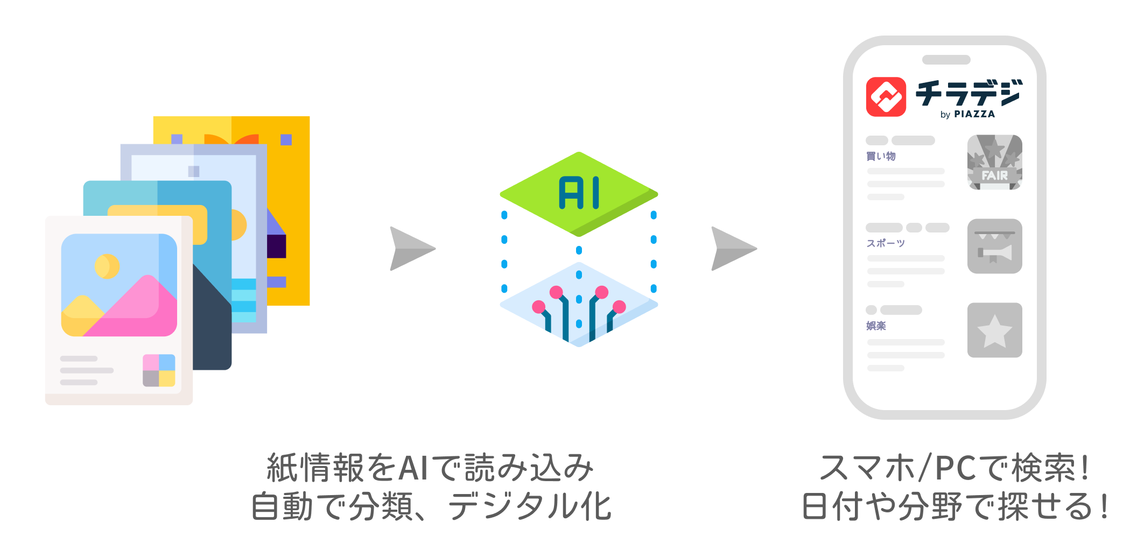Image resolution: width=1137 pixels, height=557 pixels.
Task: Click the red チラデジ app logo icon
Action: (886, 97)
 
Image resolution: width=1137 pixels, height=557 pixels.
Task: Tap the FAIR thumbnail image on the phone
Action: (994, 162)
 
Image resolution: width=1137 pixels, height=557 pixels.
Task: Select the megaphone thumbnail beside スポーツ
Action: (994, 246)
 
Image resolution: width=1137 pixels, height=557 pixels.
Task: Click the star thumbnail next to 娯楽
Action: (994, 330)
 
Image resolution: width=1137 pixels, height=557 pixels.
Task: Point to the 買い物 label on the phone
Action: (881, 156)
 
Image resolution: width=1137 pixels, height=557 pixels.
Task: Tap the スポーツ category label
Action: (886, 243)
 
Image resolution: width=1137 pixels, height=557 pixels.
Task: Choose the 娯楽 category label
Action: (876, 326)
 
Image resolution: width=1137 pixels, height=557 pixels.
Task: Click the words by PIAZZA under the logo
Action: (967, 114)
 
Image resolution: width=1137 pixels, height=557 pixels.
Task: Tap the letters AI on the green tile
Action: (579, 193)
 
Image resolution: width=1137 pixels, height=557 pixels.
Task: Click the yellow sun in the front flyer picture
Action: (107, 266)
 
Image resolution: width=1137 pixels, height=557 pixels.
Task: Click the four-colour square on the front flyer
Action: (159, 370)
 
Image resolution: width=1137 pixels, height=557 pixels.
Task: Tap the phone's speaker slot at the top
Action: (946, 60)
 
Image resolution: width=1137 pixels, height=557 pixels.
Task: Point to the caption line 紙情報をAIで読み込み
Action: (430, 467)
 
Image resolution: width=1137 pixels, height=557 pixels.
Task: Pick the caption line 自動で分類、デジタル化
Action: (431, 507)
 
